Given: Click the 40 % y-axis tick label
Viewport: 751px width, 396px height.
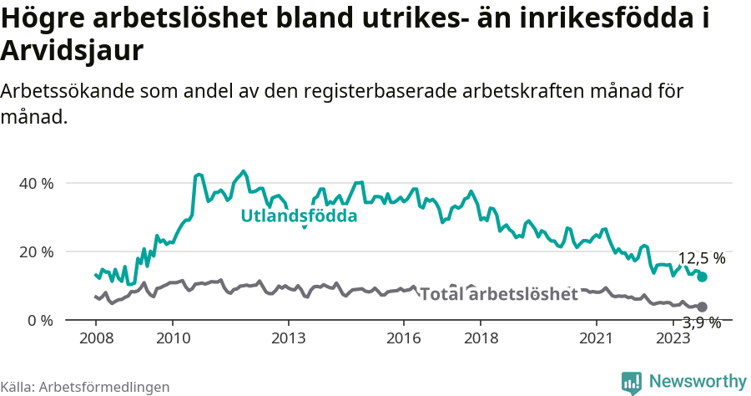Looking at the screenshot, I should pos(36,183).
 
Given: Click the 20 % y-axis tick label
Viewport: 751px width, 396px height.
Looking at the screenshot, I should pos(36,251).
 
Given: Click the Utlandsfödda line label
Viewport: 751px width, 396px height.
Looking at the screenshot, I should pos(299,216).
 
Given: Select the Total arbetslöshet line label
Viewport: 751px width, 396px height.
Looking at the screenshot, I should pos(498,294).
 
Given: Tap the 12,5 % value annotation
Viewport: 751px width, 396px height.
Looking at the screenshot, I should pos(701,258).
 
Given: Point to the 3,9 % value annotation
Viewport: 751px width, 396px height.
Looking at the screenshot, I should pos(701,322).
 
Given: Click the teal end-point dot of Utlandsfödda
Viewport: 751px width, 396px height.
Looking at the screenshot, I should pos(703,277).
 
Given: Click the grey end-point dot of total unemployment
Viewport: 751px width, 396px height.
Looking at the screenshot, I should pos(703,307).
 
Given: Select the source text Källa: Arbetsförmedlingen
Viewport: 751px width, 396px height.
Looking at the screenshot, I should pos(85,387).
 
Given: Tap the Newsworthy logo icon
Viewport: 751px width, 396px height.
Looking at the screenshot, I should pos(632,382).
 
